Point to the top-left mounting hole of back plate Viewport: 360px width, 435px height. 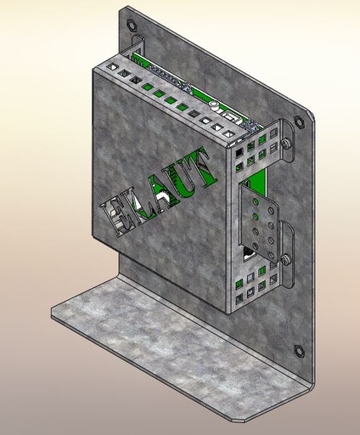[131, 25]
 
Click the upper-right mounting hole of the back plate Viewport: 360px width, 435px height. [299, 121]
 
